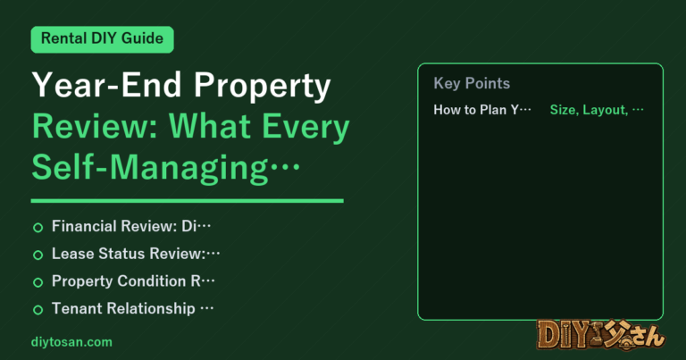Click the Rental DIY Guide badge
click(103, 39)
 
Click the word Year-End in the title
click(107, 85)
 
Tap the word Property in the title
click(263, 86)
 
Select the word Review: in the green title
click(95, 127)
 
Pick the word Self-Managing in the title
click(150, 168)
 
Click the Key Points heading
click(472, 83)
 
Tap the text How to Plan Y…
click(482, 109)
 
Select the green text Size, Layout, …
click(597, 110)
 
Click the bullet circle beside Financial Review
click(38, 228)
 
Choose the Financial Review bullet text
click(131, 226)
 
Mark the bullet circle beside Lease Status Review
click(38, 255)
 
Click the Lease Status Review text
click(136, 254)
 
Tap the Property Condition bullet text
click(133, 281)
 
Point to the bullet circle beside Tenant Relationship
click(38, 310)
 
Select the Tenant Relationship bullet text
click(132, 309)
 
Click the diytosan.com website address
click(71, 342)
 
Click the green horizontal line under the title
click(188, 201)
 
